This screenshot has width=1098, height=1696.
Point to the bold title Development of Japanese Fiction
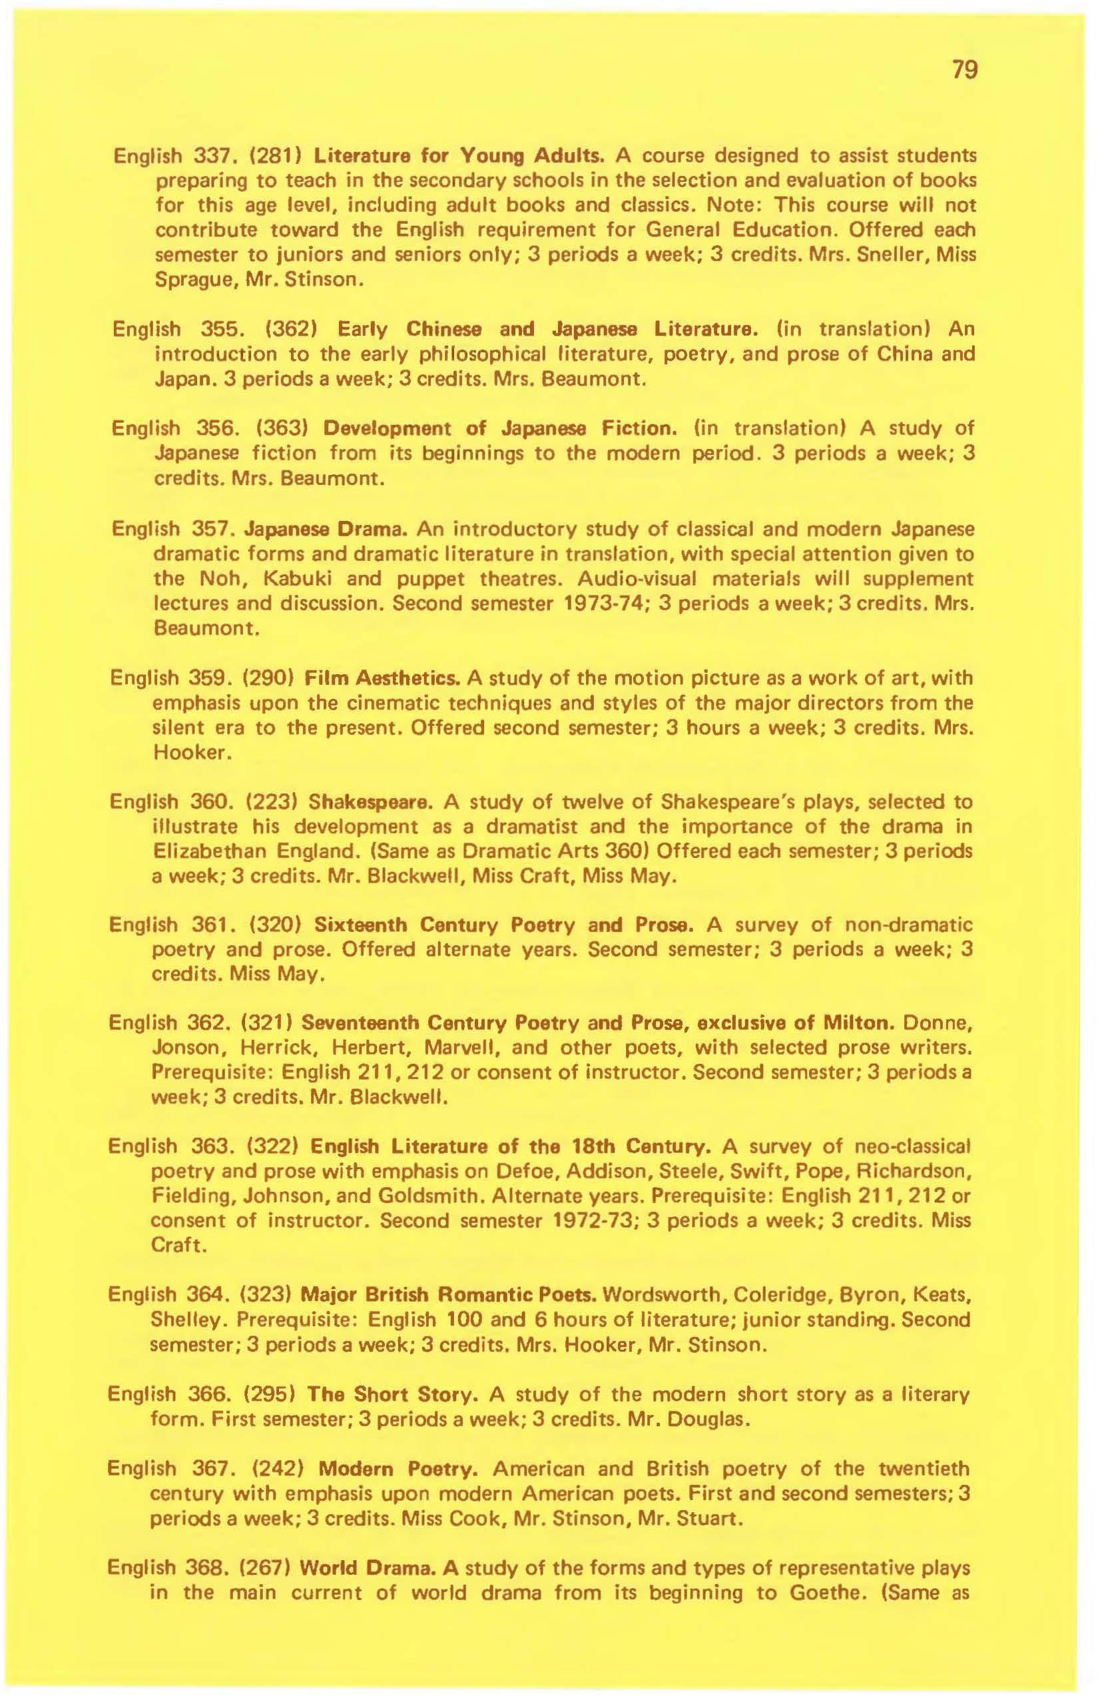[x=498, y=430]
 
